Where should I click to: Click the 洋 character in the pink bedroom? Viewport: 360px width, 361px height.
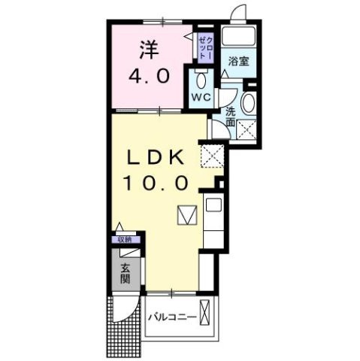coord(147,50)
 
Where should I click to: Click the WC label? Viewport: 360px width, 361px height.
coord(199,99)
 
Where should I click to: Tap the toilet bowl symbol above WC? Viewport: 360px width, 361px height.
coord(200,80)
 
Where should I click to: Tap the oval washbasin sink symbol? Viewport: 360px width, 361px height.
coord(250,105)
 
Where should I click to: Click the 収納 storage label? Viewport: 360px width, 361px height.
coord(123,240)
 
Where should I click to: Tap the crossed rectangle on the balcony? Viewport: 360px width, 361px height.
coord(207,317)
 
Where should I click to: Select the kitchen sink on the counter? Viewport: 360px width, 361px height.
coord(212,205)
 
